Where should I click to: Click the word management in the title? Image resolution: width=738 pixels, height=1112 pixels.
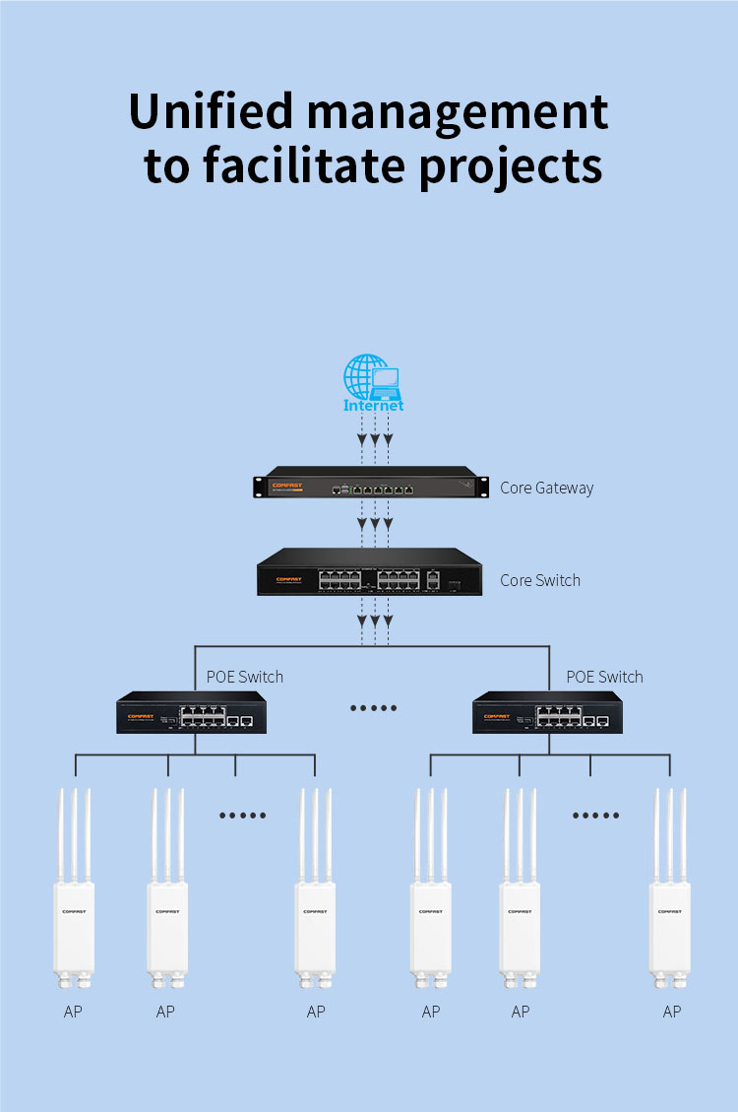tap(458, 112)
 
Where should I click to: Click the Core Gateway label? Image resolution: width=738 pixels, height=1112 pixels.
tap(546, 488)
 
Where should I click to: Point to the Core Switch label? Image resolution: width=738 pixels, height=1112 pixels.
tap(539, 580)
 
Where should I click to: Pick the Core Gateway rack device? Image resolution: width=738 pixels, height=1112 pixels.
tap(369, 487)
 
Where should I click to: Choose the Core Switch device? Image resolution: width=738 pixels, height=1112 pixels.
tap(369, 572)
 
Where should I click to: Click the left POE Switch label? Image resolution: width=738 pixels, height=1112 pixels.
tap(244, 677)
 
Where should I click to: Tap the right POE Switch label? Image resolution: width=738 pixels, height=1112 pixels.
tap(604, 677)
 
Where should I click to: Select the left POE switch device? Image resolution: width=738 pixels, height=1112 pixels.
tap(191, 713)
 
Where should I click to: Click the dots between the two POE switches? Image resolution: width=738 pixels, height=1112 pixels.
tap(374, 708)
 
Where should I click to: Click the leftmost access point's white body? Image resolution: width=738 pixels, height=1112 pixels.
tap(74, 926)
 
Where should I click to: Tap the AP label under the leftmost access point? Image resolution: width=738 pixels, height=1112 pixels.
tap(73, 1012)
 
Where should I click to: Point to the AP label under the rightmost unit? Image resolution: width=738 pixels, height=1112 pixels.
tap(671, 1012)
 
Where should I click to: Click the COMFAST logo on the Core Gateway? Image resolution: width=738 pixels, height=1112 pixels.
tap(286, 485)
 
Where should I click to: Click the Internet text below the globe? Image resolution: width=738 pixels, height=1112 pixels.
tap(373, 405)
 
